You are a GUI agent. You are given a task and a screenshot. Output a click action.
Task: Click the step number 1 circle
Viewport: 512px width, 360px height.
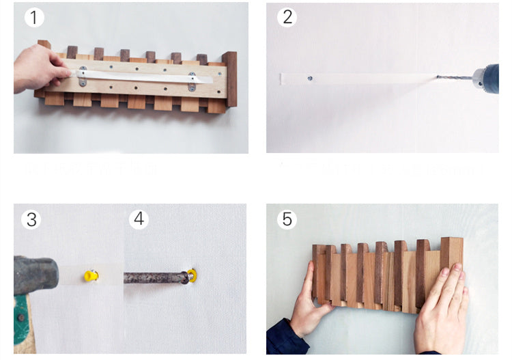tap(34, 18)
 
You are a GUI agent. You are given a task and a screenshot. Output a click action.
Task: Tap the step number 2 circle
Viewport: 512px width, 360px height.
tap(287, 18)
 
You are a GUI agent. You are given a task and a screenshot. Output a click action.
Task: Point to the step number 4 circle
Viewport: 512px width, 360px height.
tap(139, 219)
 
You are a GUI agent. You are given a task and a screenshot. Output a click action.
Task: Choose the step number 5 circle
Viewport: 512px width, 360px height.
tap(287, 219)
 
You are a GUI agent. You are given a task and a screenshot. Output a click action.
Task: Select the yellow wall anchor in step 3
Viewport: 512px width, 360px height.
tap(89, 276)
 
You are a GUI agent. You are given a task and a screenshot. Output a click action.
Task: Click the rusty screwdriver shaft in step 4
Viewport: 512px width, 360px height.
tap(154, 277)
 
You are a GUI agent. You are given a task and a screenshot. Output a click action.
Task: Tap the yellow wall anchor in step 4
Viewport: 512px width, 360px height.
tap(193, 275)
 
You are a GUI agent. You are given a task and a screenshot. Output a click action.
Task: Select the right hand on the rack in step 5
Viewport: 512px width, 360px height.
tap(443, 307)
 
